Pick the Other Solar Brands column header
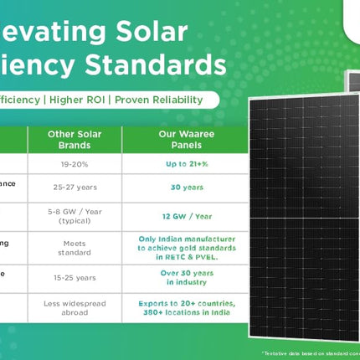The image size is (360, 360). pyautogui.click(x=75, y=139)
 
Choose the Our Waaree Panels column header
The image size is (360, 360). pyautogui.click(x=184, y=139)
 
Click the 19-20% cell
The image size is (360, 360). pyautogui.click(x=75, y=164)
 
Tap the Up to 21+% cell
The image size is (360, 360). pyautogui.click(x=184, y=164)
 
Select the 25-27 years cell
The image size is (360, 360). pyautogui.click(x=75, y=188)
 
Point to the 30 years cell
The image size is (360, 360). pyautogui.click(x=184, y=188)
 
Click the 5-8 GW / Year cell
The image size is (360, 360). pyautogui.click(x=75, y=216)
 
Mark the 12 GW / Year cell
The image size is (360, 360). pyautogui.click(x=184, y=216)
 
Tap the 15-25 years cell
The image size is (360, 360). pyautogui.click(x=75, y=276)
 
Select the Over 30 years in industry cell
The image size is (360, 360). pyautogui.click(x=184, y=276)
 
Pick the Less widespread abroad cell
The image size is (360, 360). pyautogui.click(x=75, y=306)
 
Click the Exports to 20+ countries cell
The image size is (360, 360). pyautogui.click(x=184, y=306)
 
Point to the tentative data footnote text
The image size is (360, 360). pyautogui.click(x=310, y=354)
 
